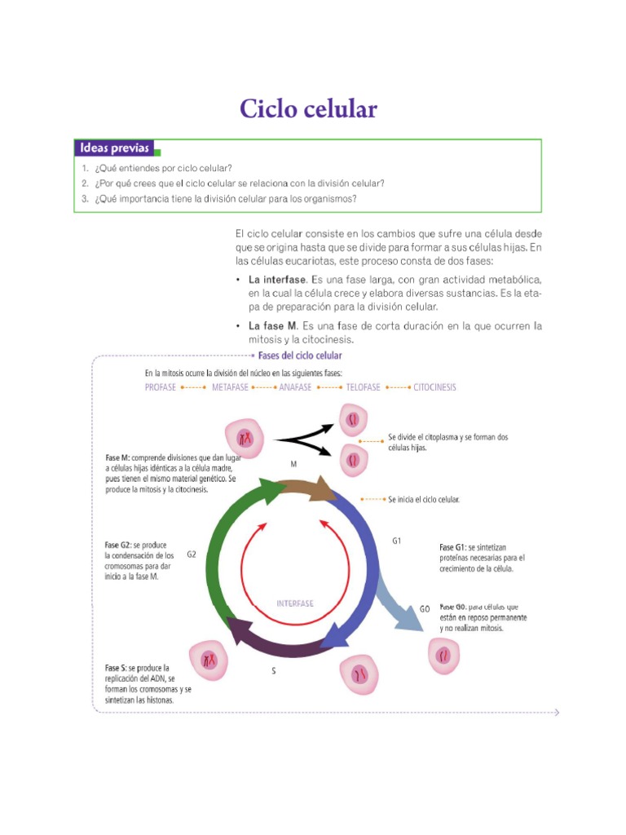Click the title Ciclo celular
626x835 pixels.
click(308, 109)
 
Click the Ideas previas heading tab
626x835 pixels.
click(115, 148)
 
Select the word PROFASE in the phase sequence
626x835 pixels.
click(160, 387)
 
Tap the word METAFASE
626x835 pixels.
click(230, 387)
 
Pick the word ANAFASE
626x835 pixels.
click(295, 387)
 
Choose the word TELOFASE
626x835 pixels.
click(363, 387)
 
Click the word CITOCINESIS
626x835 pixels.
click(434, 387)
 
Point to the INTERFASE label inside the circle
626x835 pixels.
click(295, 604)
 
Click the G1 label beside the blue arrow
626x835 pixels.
click(397, 541)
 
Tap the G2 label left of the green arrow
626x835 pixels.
click(192, 554)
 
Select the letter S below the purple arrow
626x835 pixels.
click(273, 672)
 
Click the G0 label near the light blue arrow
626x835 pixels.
click(425, 609)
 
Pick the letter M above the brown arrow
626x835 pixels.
click(293, 462)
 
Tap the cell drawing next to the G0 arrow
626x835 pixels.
click(444, 654)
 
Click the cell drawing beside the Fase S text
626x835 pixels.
click(209, 659)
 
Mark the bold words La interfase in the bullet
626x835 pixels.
click(277, 279)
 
